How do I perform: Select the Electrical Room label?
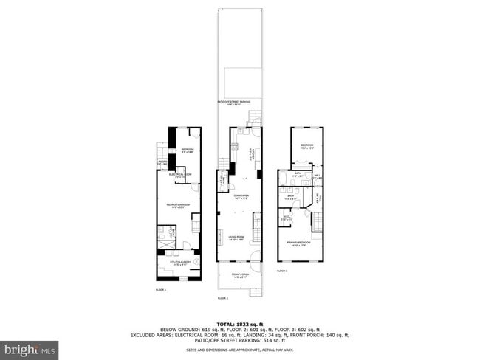click(180, 176)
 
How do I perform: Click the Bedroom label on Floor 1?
click(188, 150)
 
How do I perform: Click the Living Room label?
click(237, 238)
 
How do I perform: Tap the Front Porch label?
click(240, 276)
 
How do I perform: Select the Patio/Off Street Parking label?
click(240, 103)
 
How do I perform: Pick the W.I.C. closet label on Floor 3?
click(286, 218)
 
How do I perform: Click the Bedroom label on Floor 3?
click(306, 146)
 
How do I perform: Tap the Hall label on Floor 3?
click(318, 176)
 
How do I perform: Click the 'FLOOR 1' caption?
click(161, 290)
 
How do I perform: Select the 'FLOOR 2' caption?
click(222, 298)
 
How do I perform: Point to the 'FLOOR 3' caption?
click(282, 271)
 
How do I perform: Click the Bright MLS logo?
click(30, 347)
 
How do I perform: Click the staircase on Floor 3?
click(318, 219)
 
